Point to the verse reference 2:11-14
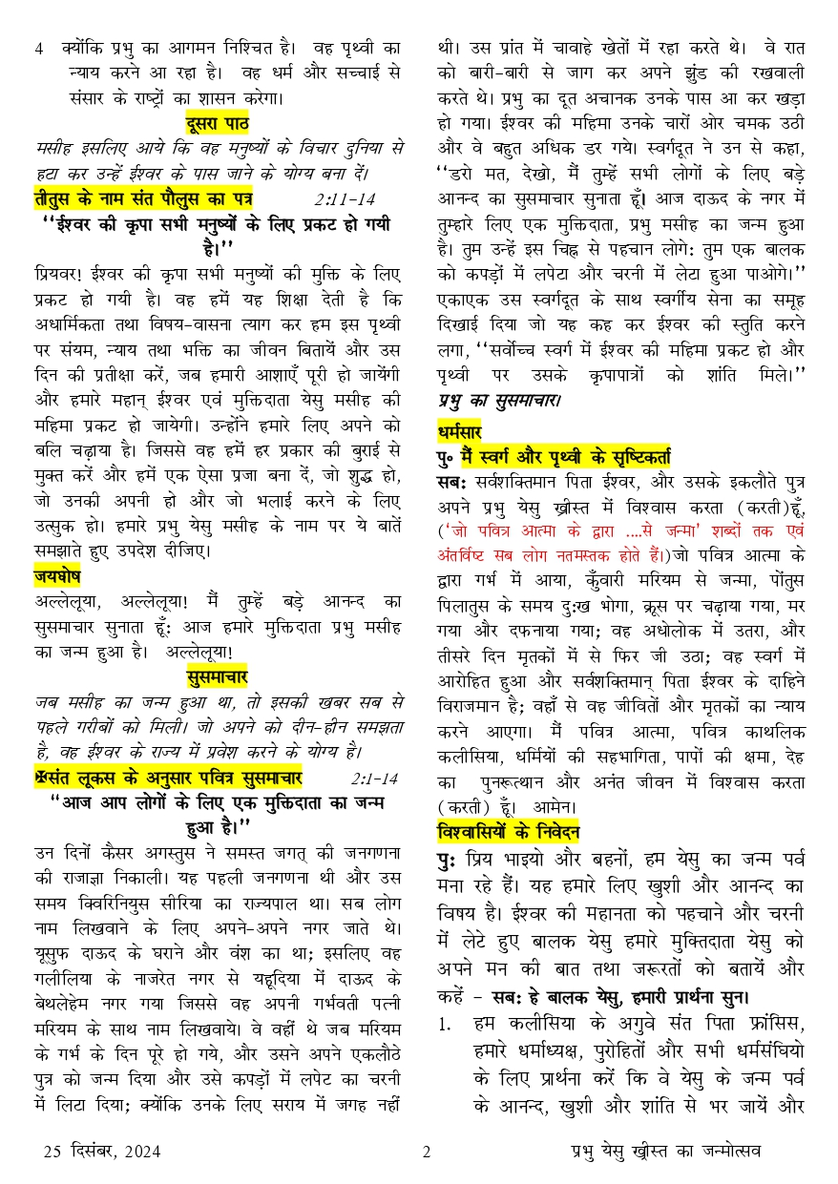click(344, 199)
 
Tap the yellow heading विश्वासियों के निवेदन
click(508, 828)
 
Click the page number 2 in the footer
click(426, 1150)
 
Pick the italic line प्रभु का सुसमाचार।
click(499, 401)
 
